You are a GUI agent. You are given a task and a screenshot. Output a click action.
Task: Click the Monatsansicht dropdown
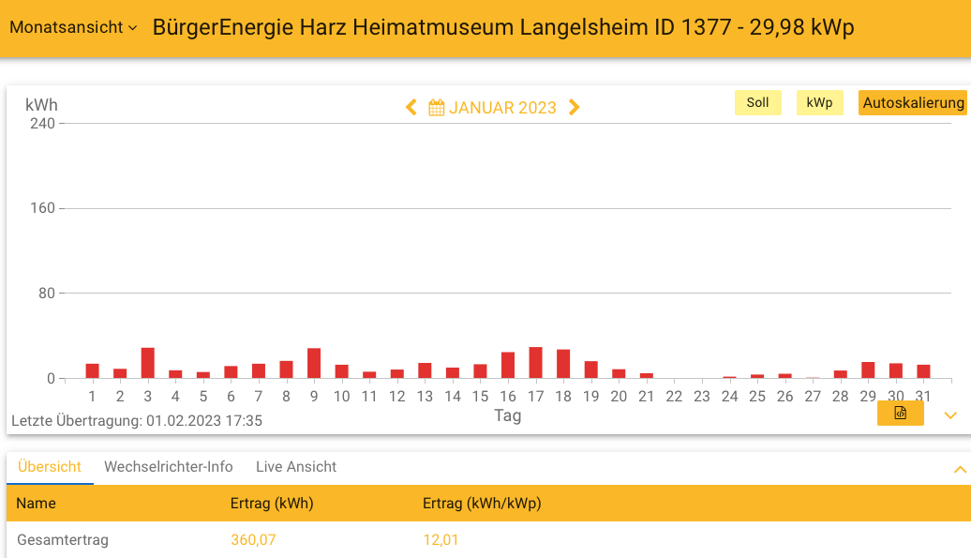(x=73, y=27)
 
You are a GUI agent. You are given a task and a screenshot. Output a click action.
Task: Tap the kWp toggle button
(x=819, y=103)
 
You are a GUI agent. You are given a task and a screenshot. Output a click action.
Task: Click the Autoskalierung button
(x=912, y=103)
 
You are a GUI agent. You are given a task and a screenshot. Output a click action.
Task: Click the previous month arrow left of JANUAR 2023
(x=411, y=108)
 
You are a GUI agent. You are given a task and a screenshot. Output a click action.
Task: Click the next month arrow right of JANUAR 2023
(x=575, y=108)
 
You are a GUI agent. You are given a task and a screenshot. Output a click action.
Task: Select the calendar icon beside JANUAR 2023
(x=436, y=108)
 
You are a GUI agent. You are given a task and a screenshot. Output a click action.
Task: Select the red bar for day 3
(x=147, y=363)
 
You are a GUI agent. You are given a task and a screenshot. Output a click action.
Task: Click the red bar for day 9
(x=314, y=364)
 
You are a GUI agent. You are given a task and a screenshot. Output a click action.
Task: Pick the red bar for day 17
(x=535, y=363)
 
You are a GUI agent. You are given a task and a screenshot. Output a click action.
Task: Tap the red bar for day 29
(x=868, y=370)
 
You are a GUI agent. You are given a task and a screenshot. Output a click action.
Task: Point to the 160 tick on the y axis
(x=43, y=208)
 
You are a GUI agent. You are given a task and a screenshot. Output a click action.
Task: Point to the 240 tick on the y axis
(x=43, y=123)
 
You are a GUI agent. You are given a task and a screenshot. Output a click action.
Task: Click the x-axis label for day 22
(x=674, y=397)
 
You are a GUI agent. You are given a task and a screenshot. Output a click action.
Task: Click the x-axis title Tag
(x=507, y=415)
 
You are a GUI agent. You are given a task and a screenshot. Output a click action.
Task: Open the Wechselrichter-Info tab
(x=168, y=467)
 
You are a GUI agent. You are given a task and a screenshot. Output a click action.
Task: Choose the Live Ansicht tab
(x=296, y=467)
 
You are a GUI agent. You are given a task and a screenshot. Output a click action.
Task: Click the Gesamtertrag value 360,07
(x=253, y=540)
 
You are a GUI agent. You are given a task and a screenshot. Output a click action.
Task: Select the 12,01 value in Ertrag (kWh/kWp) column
(x=441, y=540)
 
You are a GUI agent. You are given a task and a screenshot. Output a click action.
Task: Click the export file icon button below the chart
(x=900, y=414)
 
